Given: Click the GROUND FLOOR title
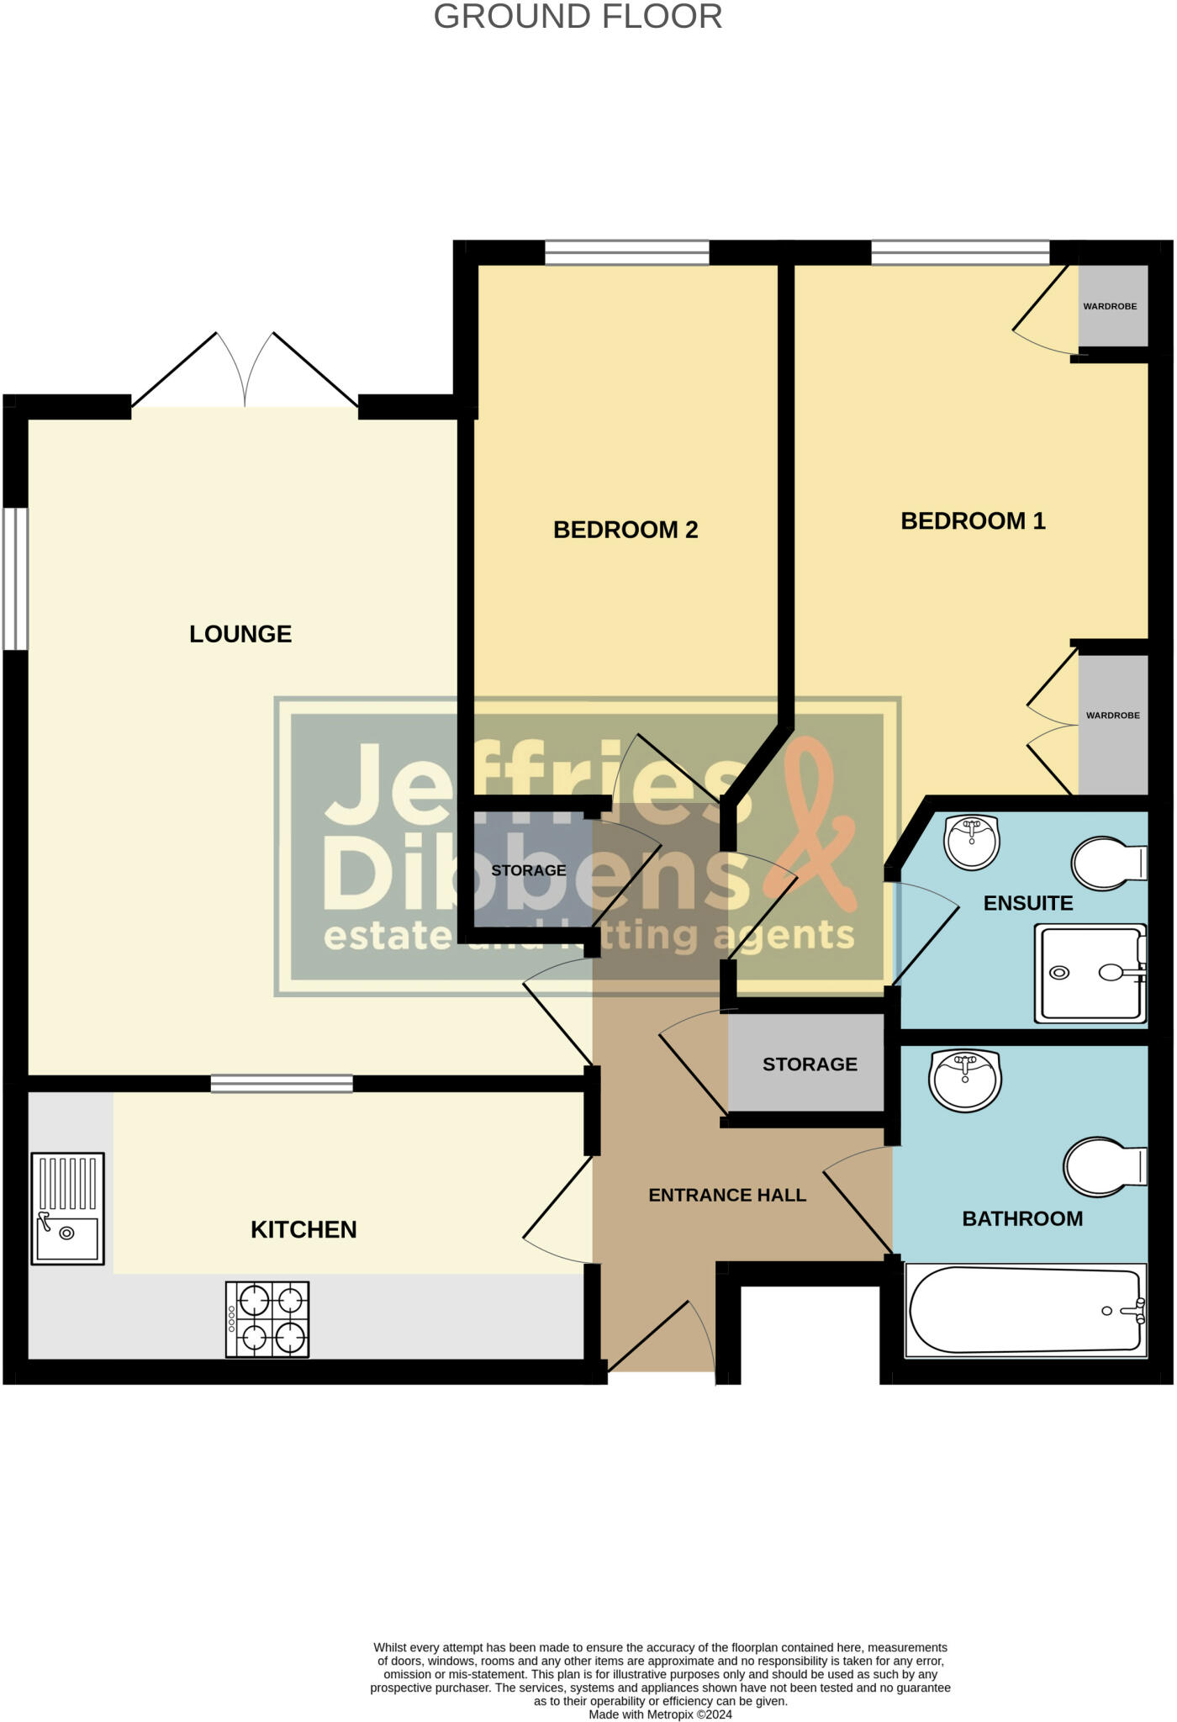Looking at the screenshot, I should pyautogui.click(x=578, y=18).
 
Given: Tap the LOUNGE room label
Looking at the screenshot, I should pyautogui.click(x=240, y=634).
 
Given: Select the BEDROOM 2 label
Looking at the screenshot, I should pyautogui.click(x=625, y=530).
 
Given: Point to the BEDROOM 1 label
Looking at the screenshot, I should pyautogui.click(x=973, y=521).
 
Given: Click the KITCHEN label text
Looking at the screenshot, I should pyautogui.click(x=303, y=1229).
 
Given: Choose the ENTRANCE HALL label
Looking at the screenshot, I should pyautogui.click(x=727, y=1195).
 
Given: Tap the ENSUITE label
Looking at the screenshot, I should pyautogui.click(x=1028, y=903).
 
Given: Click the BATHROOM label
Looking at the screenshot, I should pyautogui.click(x=1022, y=1218).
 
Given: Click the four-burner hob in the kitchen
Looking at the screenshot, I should pyautogui.click(x=267, y=1318).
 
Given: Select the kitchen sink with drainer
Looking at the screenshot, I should pyautogui.click(x=67, y=1207).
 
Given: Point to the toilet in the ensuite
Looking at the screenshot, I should pyautogui.click(x=1108, y=863).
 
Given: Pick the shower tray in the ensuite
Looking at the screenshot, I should pyautogui.click(x=1090, y=973).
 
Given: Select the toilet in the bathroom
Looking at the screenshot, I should pyautogui.click(x=1103, y=1166).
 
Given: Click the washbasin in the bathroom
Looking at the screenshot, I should pyautogui.click(x=965, y=1079).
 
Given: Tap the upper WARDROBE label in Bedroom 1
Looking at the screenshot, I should pyautogui.click(x=1110, y=306).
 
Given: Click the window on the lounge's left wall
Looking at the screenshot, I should pyautogui.click(x=15, y=578).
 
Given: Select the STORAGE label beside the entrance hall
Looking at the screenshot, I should pyautogui.click(x=810, y=1064).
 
